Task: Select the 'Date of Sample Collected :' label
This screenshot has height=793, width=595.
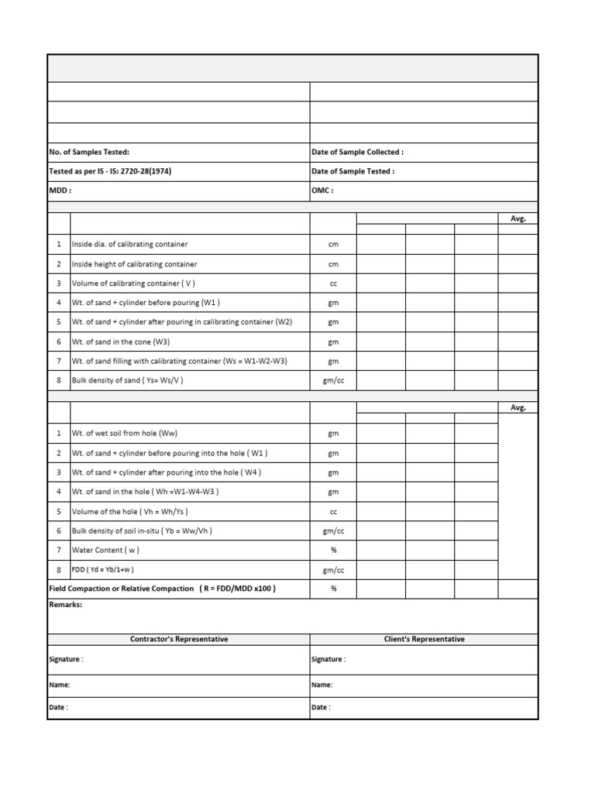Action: pyautogui.click(x=357, y=153)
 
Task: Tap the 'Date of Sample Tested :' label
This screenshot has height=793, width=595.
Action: pyautogui.click(x=353, y=172)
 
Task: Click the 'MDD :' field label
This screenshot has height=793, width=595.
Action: pyautogui.click(x=60, y=191)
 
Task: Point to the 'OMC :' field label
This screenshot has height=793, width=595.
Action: pyautogui.click(x=322, y=191)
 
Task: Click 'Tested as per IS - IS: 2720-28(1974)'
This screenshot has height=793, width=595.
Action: pyautogui.click(x=109, y=172)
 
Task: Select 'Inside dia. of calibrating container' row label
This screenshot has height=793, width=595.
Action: pyautogui.click(x=129, y=245)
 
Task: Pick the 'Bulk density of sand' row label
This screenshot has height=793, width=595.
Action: pyautogui.click(x=127, y=380)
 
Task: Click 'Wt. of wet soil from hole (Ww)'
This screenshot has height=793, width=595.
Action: pyautogui.click(x=129, y=434)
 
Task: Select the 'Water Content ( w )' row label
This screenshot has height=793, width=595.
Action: pyautogui.click(x=105, y=550)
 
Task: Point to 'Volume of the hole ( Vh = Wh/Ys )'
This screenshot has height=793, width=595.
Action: pyautogui.click(x=129, y=511)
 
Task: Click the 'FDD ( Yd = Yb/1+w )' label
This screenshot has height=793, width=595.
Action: pyautogui.click(x=103, y=569)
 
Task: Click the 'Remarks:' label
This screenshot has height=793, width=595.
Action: pyautogui.click(x=65, y=606)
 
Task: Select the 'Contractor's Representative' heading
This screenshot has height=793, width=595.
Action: pyautogui.click(x=179, y=640)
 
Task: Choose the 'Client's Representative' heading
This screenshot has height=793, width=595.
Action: pyautogui.click(x=424, y=640)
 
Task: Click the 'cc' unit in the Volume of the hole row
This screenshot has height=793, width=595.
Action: pyautogui.click(x=333, y=511)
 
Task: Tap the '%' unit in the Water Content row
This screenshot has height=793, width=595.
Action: pyautogui.click(x=333, y=550)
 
